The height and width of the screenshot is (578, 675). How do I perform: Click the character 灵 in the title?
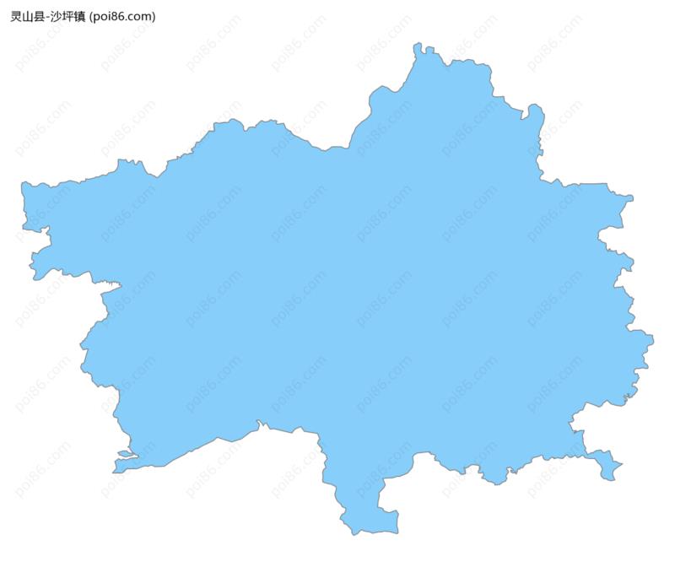tap(16, 17)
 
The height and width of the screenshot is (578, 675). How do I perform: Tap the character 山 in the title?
tap(28, 17)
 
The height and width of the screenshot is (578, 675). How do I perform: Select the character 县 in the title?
tap(40, 17)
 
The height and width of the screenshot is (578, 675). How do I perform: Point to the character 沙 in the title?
tap(57, 17)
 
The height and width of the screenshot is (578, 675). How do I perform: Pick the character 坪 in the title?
tap(69, 17)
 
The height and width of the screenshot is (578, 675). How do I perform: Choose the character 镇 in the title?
tap(81, 17)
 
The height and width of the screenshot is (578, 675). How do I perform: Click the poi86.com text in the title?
tap(122, 17)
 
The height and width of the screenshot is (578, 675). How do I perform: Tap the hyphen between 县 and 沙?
tap(48, 17)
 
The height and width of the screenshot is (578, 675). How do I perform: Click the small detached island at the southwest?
tap(126, 454)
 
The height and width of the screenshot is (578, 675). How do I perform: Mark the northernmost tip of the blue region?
tap(418, 46)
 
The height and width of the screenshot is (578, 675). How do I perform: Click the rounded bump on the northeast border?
tap(535, 111)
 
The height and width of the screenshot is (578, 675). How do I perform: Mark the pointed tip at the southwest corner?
tap(116, 469)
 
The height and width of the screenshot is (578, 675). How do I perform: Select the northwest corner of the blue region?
tap(26, 186)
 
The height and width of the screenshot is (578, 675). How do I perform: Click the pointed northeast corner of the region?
tap(629, 198)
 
